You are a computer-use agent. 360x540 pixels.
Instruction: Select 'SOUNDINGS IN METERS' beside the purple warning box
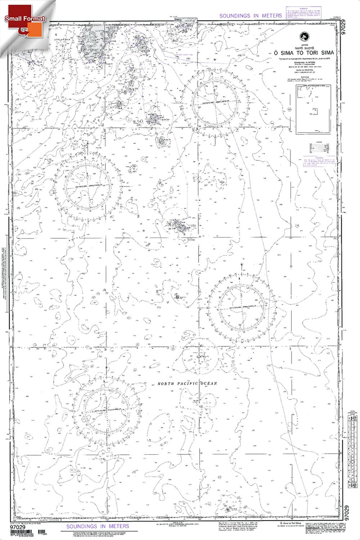tap(250, 16)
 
